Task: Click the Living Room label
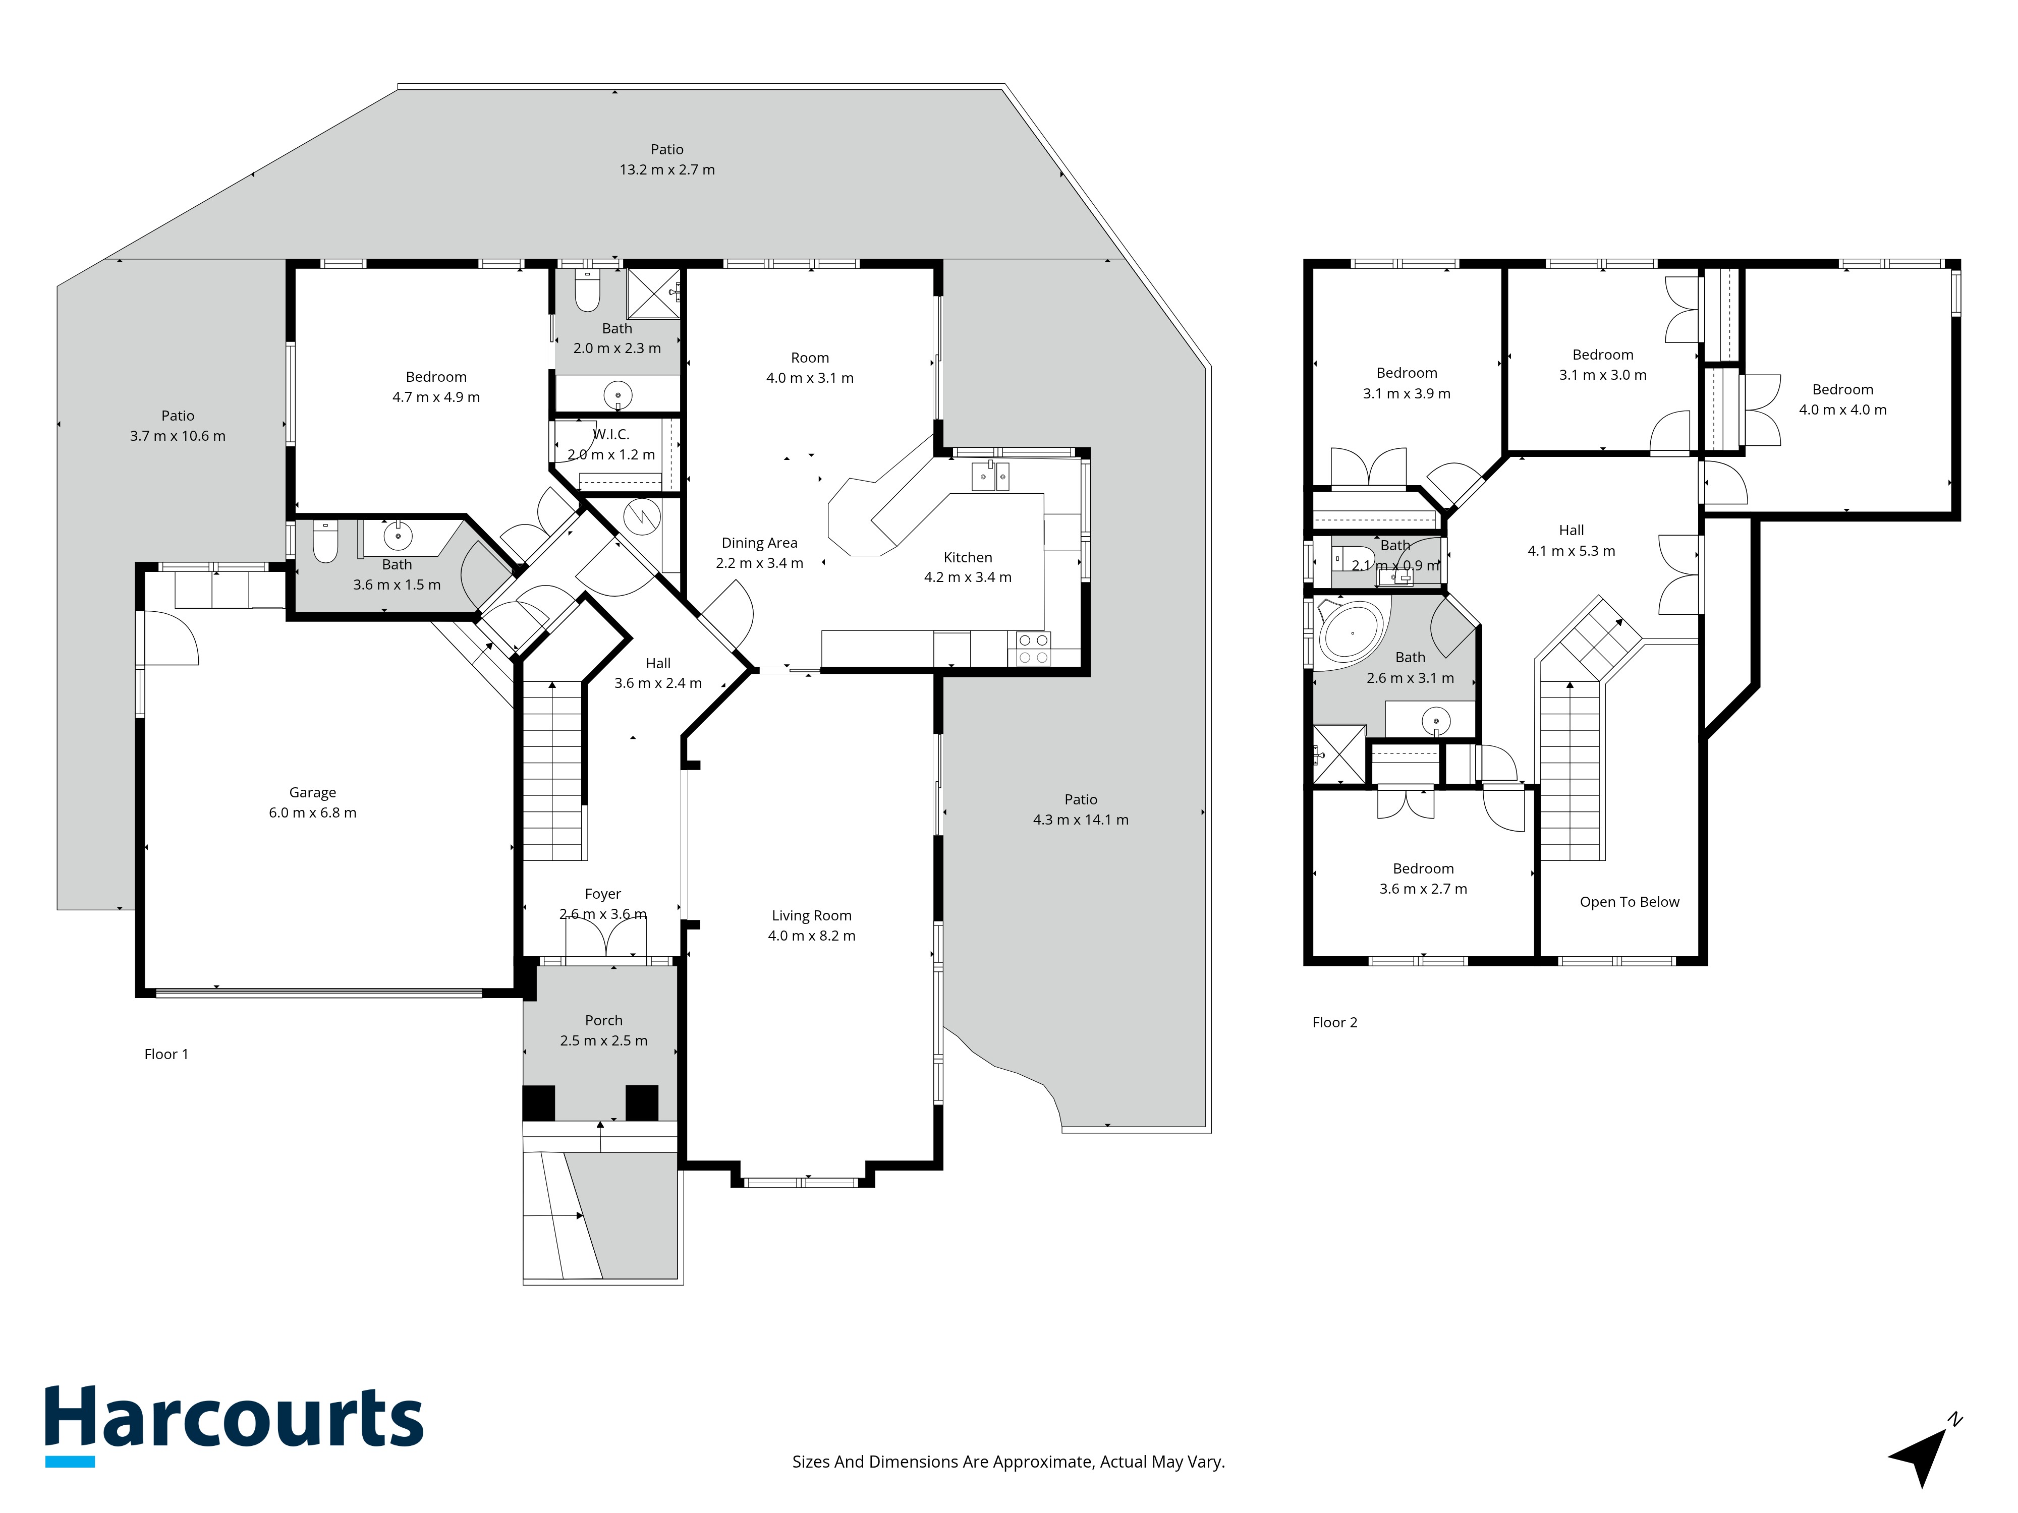pyautogui.click(x=812, y=916)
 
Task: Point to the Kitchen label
pyautogui.click(x=968, y=557)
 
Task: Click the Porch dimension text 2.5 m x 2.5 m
pyautogui.click(x=604, y=1040)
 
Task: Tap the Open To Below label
pyautogui.click(x=1630, y=902)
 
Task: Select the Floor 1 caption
pyautogui.click(x=166, y=1054)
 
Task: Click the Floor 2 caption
pyautogui.click(x=1335, y=1022)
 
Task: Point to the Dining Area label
pyautogui.click(x=759, y=543)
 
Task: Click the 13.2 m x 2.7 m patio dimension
pyautogui.click(x=667, y=169)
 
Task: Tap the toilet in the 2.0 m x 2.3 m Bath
pyautogui.click(x=588, y=290)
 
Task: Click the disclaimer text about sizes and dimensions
pyautogui.click(x=1008, y=1462)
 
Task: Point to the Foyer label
pyautogui.click(x=603, y=894)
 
